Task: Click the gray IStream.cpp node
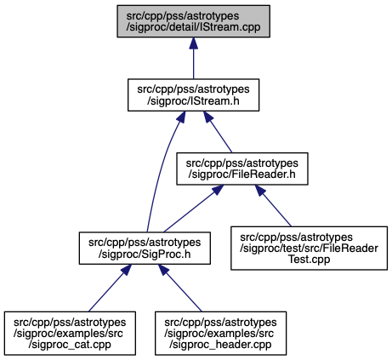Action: (x=193, y=21)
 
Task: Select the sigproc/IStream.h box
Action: (x=193, y=94)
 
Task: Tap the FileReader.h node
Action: (x=242, y=169)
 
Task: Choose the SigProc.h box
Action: (x=145, y=249)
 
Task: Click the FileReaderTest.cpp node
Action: (x=309, y=248)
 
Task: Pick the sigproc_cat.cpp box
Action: (x=70, y=333)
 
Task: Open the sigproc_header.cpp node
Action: (x=220, y=333)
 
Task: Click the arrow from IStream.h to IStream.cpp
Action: (x=193, y=58)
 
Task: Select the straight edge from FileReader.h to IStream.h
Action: (x=218, y=132)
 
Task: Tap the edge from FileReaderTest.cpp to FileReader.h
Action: (x=273, y=206)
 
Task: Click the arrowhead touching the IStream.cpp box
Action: (x=193, y=43)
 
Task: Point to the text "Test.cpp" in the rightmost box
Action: (x=309, y=260)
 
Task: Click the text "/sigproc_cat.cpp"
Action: (x=70, y=345)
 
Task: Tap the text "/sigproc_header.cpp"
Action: (x=220, y=345)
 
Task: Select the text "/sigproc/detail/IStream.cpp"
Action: (x=193, y=27)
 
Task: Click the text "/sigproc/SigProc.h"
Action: (x=145, y=254)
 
